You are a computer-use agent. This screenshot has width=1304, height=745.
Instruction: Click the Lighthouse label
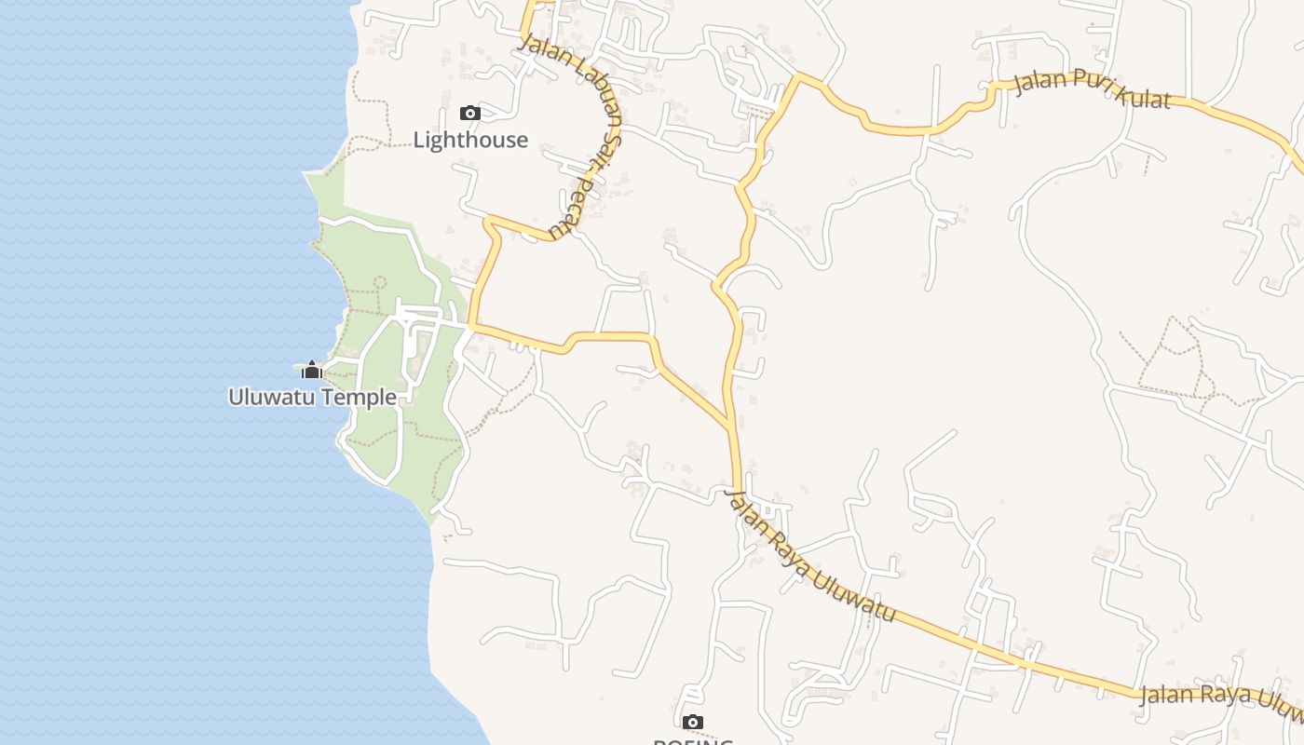click(470, 141)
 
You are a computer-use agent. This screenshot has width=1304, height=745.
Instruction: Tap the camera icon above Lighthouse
click(470, 114)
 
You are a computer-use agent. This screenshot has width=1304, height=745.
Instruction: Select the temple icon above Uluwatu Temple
click(312, 371)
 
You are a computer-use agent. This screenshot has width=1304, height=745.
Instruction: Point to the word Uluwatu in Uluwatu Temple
click(268, 398)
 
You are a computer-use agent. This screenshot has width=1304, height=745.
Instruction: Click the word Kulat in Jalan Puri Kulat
click(1140, 94)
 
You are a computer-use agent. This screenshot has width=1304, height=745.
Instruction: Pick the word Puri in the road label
click(1088, 79)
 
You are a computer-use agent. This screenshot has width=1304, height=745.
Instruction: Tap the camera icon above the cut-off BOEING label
click(692, 722)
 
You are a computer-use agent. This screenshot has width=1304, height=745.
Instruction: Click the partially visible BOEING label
click(692, 741)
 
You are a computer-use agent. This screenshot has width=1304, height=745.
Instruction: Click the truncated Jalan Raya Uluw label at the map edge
click(1220, 696)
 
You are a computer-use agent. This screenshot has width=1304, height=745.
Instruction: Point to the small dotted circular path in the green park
click(379, 281)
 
